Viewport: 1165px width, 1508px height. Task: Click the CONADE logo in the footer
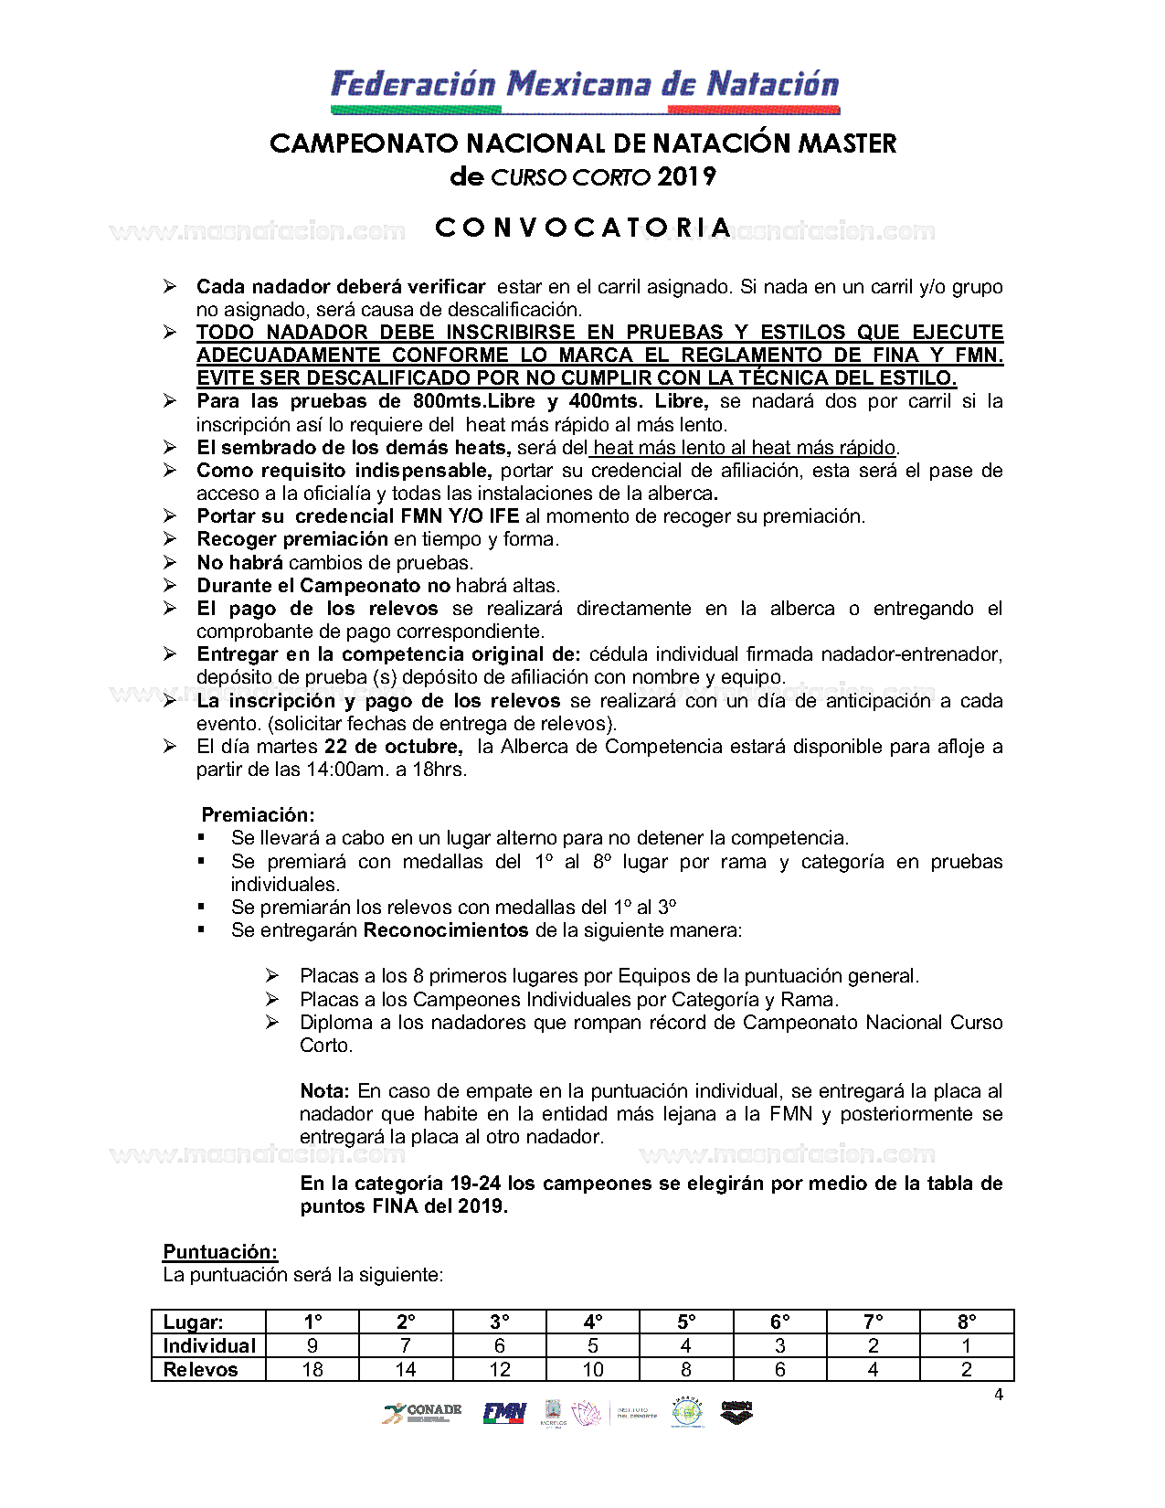[x=421, y=1413]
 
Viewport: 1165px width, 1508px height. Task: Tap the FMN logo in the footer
[x=504, y=1413]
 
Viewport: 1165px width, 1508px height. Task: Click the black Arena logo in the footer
[x=736, y=1412]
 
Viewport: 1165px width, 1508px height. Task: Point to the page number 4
[x=999, y=1395]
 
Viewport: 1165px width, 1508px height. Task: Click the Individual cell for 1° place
[x=312, y=1345]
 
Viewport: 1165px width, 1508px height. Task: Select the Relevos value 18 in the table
[x=312, y=1369]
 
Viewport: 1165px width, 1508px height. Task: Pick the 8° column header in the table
[x=967, y=1322]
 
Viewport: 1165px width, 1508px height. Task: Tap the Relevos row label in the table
[x=200, y=1369]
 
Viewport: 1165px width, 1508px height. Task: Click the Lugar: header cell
[x=193, y=1322]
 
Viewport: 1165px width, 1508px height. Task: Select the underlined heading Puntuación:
[x=220, y=1252]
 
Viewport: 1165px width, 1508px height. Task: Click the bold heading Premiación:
[x=258, y=814]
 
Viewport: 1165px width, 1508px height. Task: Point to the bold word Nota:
[x=324, y=1090]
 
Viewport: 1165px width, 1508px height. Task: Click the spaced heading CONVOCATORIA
[x=583, y=228]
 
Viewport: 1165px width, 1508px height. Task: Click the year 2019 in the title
[x=686, y=176]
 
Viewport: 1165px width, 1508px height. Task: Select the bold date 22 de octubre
[x=393, y=746]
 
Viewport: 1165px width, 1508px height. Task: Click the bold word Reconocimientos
[x=446, y=930]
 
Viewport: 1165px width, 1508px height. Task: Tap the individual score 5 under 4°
[x=593, y=1345]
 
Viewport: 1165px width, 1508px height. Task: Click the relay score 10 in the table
[x=593, y=1369]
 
